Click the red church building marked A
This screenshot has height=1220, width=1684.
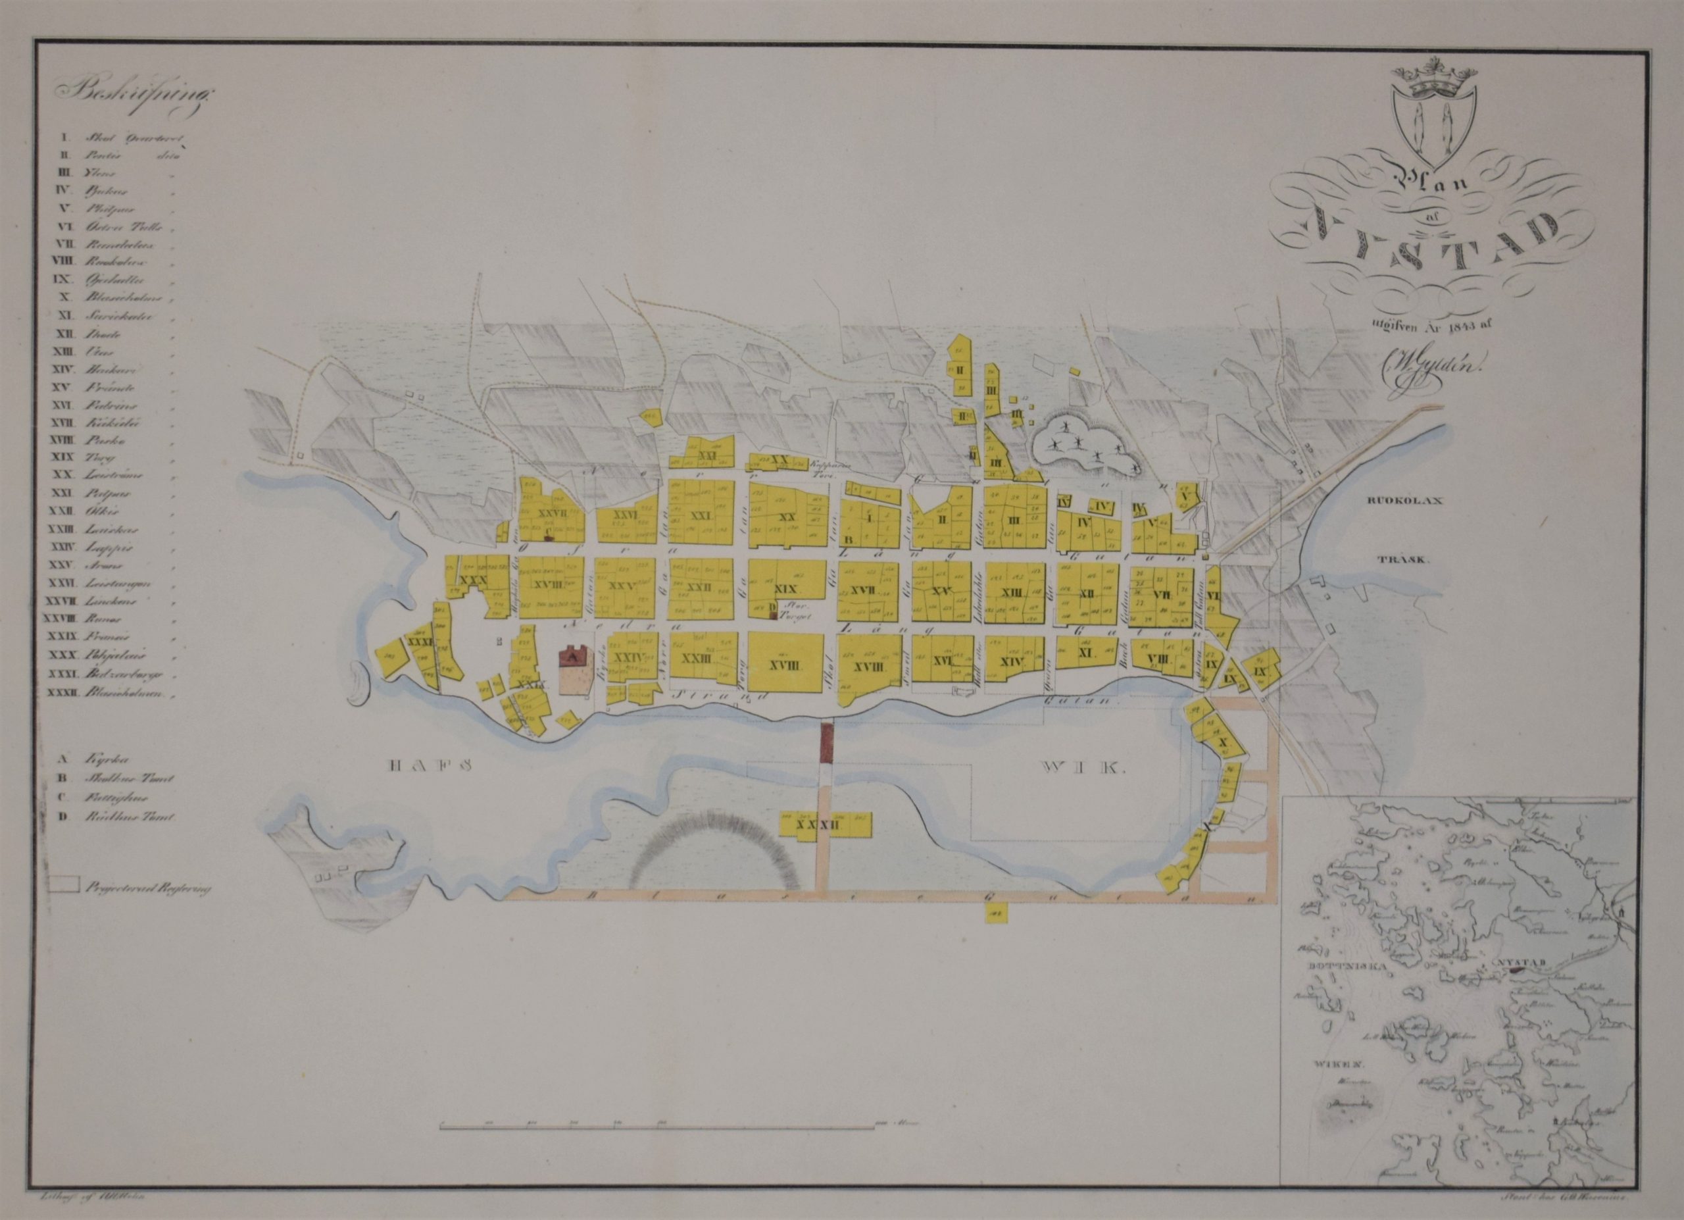572,655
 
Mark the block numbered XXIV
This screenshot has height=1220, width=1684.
628,658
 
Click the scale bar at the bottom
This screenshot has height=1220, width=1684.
656,1150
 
